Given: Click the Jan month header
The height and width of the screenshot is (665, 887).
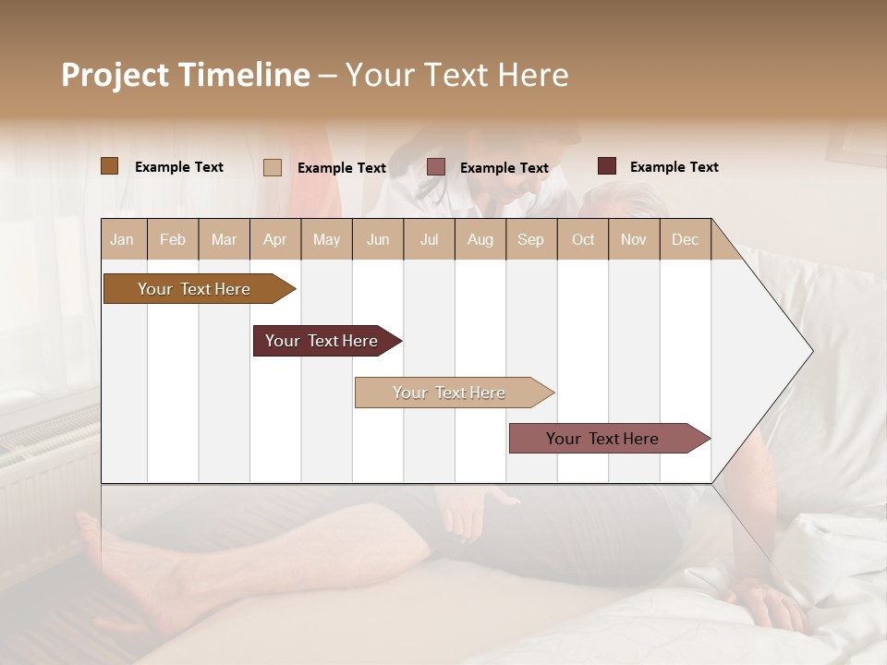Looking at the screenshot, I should coord(122,239).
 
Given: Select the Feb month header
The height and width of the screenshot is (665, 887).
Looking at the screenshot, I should coord(173,239).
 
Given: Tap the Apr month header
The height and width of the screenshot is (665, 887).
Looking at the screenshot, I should coord(274,239).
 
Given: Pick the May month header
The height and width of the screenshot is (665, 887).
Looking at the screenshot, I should coord(326,239).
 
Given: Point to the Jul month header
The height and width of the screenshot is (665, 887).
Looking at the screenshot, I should coord(429,239).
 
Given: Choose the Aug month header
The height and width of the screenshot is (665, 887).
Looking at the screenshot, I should coord(480,239).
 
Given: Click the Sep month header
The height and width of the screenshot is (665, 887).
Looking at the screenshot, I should coord(530,239).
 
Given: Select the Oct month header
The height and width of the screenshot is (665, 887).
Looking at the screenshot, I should coord(583,239).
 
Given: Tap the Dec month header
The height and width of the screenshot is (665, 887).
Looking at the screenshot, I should coord(685,239).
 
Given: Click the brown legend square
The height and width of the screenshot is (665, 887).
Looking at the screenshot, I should coord(110,166).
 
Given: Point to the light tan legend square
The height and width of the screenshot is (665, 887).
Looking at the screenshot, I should coord(273,167).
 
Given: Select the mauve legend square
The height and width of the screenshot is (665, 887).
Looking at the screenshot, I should coord(436,167).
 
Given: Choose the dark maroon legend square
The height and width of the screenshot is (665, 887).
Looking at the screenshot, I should coord(607,166).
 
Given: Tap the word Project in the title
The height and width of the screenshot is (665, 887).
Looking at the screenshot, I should coord(115,75).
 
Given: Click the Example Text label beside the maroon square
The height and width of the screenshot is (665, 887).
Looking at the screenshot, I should coord(674,167).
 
